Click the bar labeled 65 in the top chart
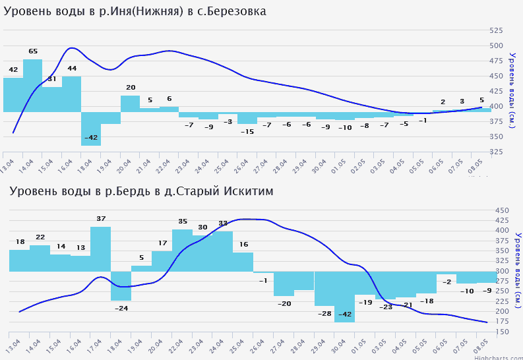click(33, 85)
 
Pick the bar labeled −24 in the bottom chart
click(121, 285)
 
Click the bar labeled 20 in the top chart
click(130, 104)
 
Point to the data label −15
click(247, 132)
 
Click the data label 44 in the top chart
click(72, 69)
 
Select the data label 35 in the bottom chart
click(183, 222)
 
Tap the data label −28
click(324, 314)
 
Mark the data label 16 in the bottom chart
click(243, 245)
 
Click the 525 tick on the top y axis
click(496, 30)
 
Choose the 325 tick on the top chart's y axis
click(496, 152)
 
